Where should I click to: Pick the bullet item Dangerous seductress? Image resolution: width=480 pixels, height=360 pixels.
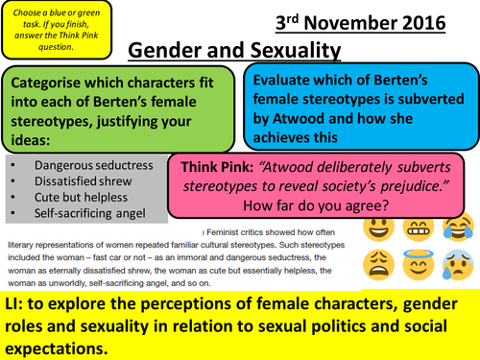(x=100, y=165)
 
